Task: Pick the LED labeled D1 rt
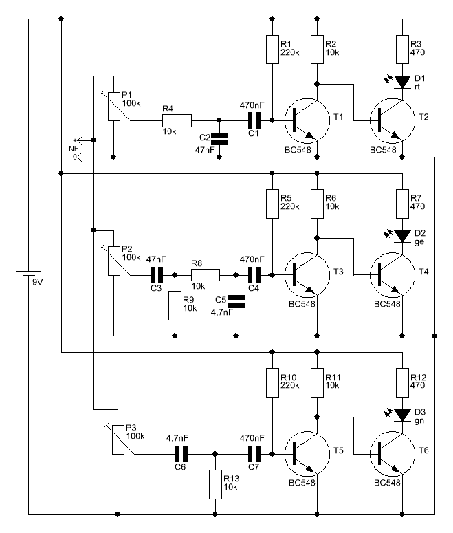click(403, 83)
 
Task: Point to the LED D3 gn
click(403, 415)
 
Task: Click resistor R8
click(206, 275)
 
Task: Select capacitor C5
click(236, 300)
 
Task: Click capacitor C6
click(181, 454)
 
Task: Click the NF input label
click(74, 147)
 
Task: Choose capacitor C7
click(254, 454)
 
